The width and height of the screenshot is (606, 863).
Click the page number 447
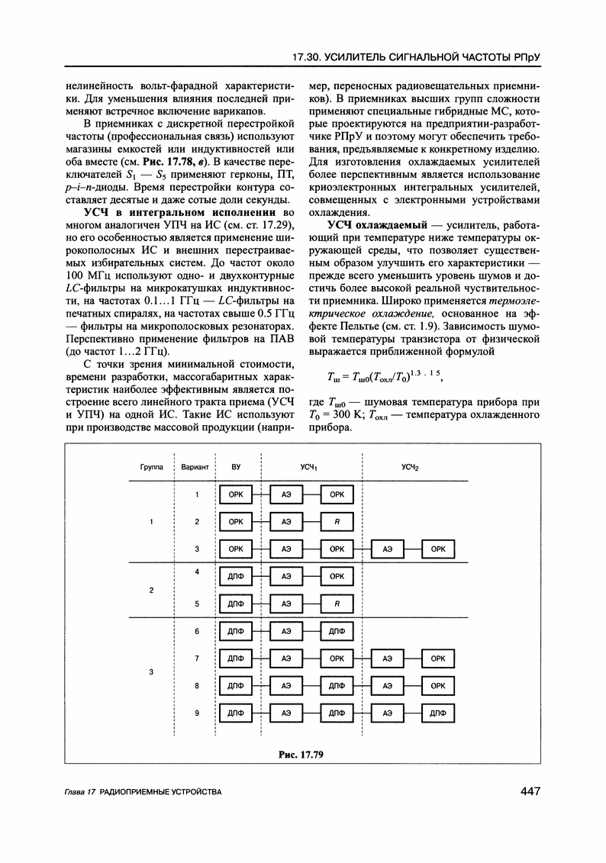click(x=526, y=791)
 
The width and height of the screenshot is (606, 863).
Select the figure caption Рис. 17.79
click(x=302, y=755)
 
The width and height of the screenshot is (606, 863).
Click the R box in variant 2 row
click(x=337, y=522)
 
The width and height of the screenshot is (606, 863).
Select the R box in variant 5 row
click(x=337, y=604)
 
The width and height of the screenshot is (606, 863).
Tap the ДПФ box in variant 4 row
click(x=236, y=576)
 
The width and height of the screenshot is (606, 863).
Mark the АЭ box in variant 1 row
click(x=286, y=494)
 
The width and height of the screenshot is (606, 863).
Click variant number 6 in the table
click(x=197, y=631)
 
